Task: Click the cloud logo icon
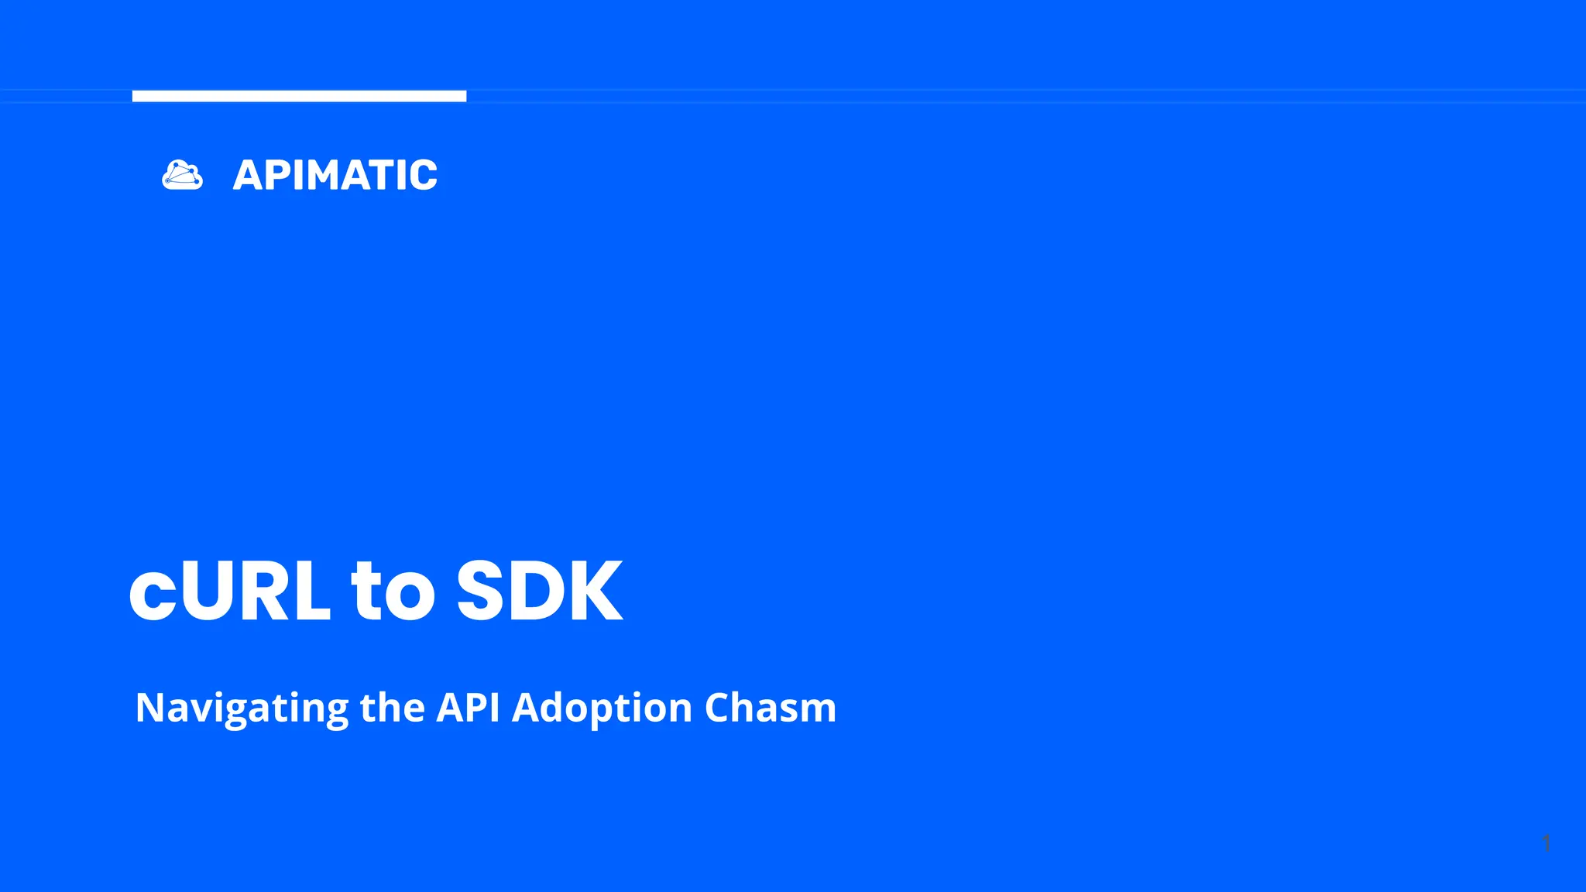(x=183, y=175)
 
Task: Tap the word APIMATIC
(x=335, y=175)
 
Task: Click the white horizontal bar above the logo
(x=299, y=96)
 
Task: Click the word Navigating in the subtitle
(x=242, y=708)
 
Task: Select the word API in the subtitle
(x=468, y=708)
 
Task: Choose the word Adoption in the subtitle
(x=602, y=708)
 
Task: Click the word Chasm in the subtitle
(x=771, y=708)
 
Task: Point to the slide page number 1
(x=1546, y=843)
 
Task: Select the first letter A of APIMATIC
(x=250, y=175)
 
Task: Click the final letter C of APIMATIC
(x=422, y=175)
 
